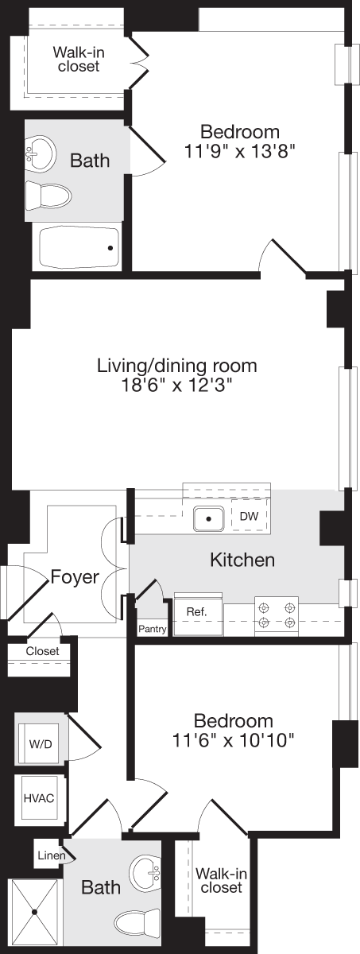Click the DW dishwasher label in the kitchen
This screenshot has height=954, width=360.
[249, 517]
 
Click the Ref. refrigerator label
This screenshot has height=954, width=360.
[196, 611]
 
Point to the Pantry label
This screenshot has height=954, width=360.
[152, 629]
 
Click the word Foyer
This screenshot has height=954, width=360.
[75, 576]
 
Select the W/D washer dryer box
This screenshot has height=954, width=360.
[41, 746]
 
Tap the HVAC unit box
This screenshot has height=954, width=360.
[40, 798]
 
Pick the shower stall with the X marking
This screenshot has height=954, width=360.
[33, 914]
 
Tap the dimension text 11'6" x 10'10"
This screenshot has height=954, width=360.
[234, 741]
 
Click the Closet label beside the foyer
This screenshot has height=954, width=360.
[42, 651]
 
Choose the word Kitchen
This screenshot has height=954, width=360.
[242, 560]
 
